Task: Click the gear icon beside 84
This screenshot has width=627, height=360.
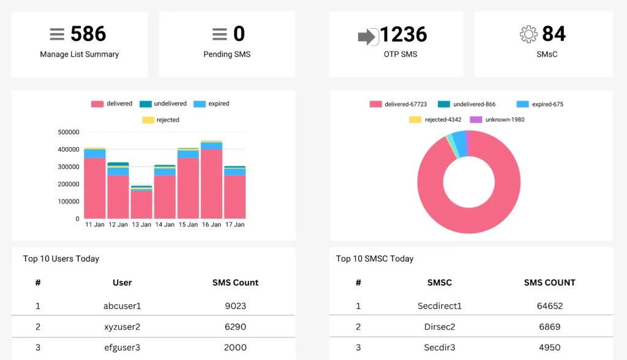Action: point(528,34)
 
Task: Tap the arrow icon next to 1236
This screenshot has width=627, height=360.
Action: point(367,37)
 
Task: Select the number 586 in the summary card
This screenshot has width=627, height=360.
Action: point(88,34)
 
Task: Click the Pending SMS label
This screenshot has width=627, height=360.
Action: point(227,54)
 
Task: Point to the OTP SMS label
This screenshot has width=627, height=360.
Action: point(400,54)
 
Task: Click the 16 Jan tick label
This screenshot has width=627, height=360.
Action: point(211,225)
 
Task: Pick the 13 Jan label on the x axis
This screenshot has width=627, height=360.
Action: point(141,225)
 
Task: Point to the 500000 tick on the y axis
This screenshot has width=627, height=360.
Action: point(69,132)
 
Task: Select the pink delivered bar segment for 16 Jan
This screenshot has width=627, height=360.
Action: point(211,184)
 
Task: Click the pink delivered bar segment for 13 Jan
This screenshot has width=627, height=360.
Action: point(141,205)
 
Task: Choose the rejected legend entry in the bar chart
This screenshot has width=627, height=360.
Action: point(161,120)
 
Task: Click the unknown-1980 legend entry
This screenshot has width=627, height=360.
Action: point(497,119)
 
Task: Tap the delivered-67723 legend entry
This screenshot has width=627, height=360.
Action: point(398,105)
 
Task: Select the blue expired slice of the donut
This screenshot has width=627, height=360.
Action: point(460,143)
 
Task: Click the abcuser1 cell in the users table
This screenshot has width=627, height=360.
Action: point(122,306)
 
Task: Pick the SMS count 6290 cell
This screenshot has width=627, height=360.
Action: point(235,327)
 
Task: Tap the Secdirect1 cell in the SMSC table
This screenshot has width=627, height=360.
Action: point(440,306)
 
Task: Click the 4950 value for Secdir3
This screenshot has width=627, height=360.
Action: point(549,348)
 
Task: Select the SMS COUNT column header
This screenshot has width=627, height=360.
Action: point(549,283)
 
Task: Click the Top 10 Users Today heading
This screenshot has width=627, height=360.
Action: point(61,259)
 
